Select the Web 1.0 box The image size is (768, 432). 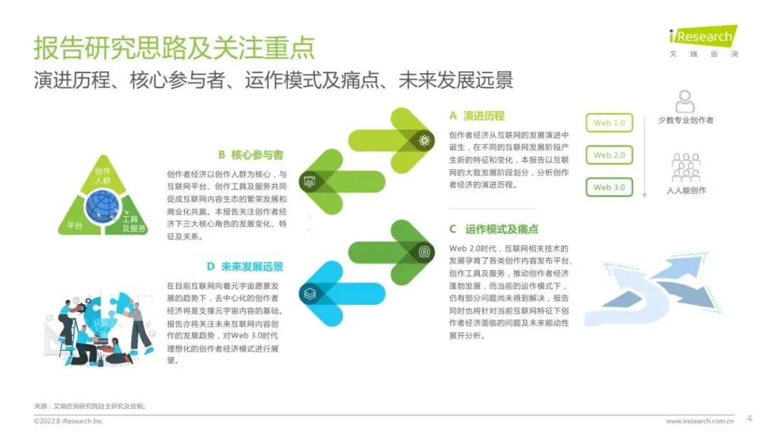[609, 123]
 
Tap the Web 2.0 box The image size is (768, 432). [609, 155]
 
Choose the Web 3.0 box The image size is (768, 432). [609, 187]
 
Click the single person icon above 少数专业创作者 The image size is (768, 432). [686, 102]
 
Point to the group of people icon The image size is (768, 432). [686, 168]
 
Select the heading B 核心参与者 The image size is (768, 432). [250, 154]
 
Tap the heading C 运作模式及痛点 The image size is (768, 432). [493, 229]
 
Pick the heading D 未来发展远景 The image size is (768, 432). [245, 266]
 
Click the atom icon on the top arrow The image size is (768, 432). [425, 140]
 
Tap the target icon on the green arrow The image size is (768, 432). [424, 251]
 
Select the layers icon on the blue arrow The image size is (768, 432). [309, 292]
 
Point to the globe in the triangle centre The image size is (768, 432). [103, 205]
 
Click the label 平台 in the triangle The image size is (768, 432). [75, 225]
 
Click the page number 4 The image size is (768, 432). [749, 418]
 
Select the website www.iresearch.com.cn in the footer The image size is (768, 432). [700, 421]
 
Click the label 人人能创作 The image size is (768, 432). [686, 190]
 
